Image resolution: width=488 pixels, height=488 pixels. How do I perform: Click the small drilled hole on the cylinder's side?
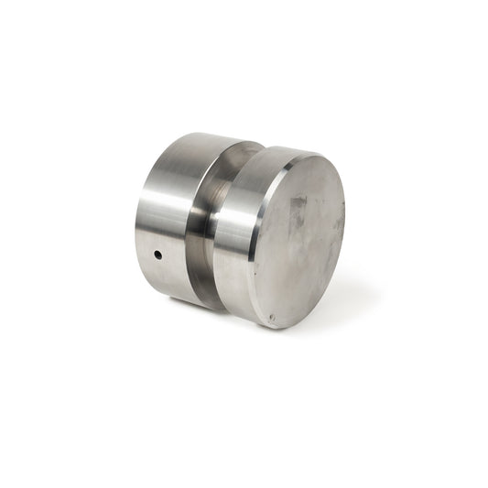157,255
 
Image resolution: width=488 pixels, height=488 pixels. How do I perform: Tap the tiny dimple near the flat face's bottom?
271,319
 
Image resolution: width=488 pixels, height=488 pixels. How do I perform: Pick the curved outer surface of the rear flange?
165,220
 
